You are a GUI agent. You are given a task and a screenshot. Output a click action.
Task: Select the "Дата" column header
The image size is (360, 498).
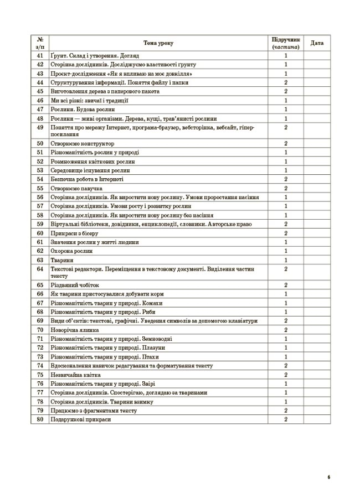click(317, 43)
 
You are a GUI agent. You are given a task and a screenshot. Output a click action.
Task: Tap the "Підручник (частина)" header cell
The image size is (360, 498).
click(286, 43)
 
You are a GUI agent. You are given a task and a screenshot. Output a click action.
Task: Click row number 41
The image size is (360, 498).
click(40, 56)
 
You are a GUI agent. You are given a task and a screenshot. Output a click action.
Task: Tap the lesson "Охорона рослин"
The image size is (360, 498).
click(68, 251)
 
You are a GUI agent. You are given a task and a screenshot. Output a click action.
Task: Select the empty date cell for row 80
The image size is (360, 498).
click(317, 420)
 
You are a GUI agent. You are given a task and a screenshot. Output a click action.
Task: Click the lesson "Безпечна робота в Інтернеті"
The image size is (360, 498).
click(86, 179)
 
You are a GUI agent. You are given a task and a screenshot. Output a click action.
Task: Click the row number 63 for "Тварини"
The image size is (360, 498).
click(40, 260)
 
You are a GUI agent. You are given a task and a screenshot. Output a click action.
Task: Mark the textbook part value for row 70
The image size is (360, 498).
click(286, 330)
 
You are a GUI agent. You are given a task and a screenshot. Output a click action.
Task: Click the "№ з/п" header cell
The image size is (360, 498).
click(40, 43)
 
